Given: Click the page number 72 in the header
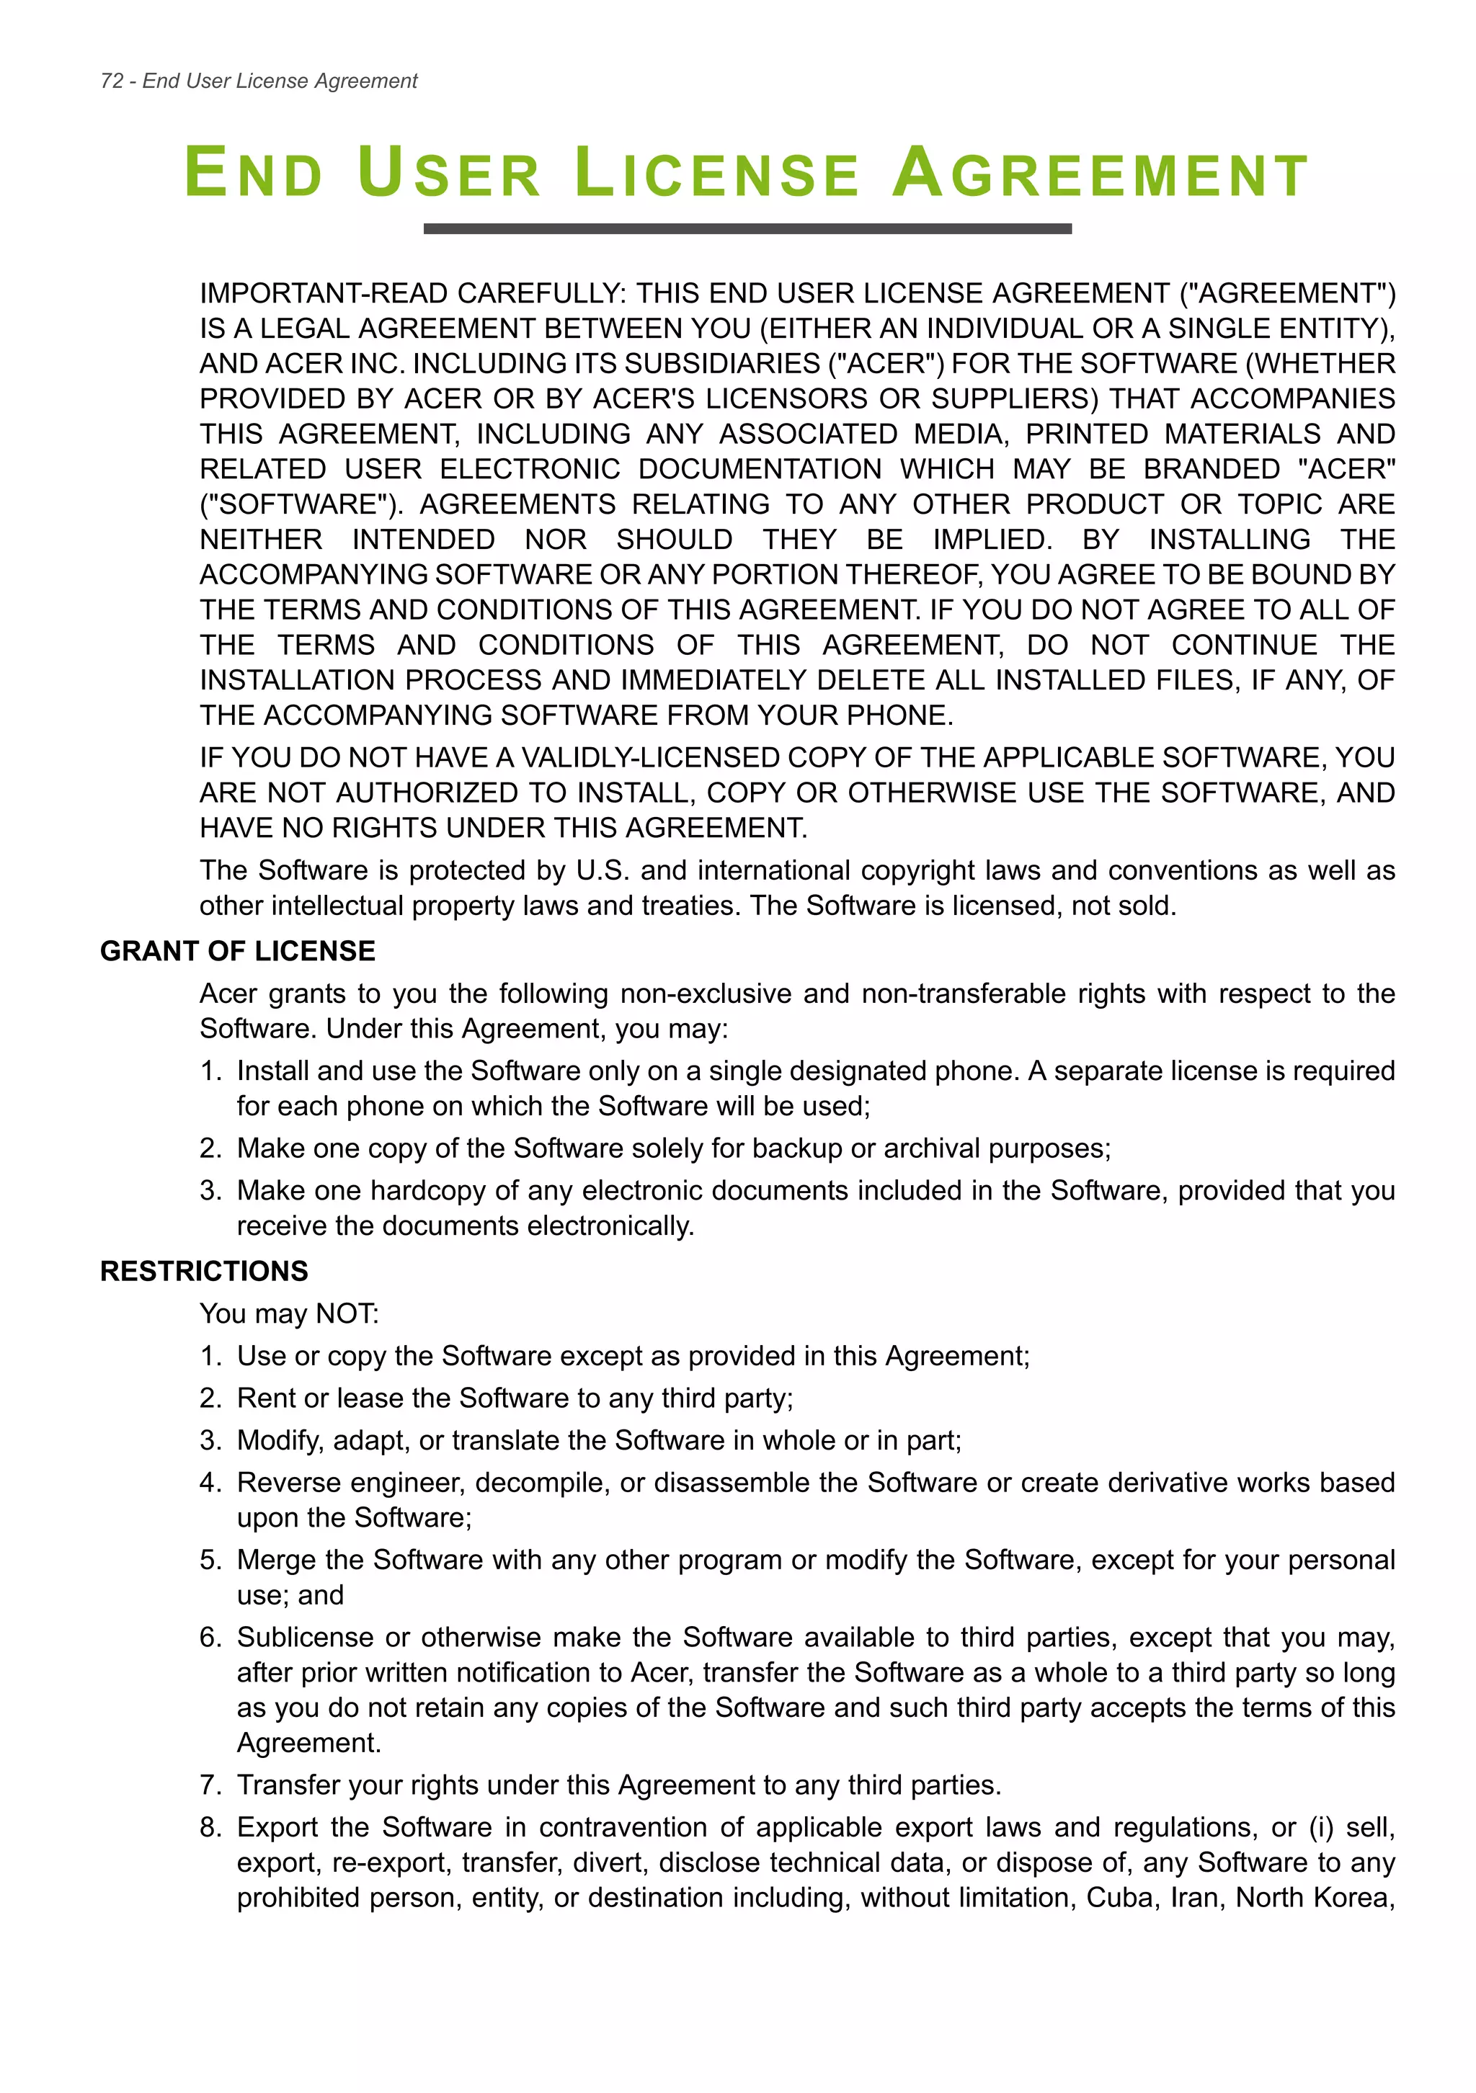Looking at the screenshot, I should [x=111, y=81].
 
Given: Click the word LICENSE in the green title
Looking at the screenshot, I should [x=716, y=173].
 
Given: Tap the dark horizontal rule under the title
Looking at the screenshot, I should [x=747, y=229].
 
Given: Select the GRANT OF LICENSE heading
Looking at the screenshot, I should [x=237, y=951].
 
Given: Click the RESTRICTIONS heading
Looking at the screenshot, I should [x=204, y=1271].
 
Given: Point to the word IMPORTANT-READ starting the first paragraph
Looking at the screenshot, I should [x=324, y=293].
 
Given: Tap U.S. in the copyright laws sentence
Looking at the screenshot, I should [x=603, y=870].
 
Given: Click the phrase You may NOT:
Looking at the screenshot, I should [x=289, y=1313].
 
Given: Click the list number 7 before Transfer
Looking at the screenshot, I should [x=209, y=1785].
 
